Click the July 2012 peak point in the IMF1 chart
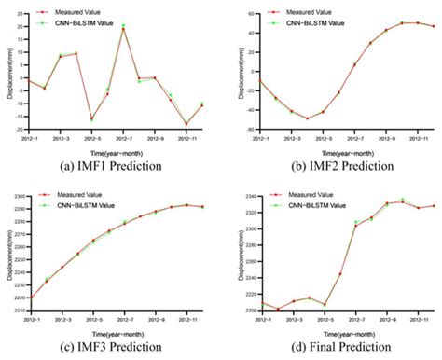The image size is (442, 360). (123, 29)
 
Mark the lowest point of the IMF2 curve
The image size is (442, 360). (307, 118)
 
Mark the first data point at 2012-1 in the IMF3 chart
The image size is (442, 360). (30, 298)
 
